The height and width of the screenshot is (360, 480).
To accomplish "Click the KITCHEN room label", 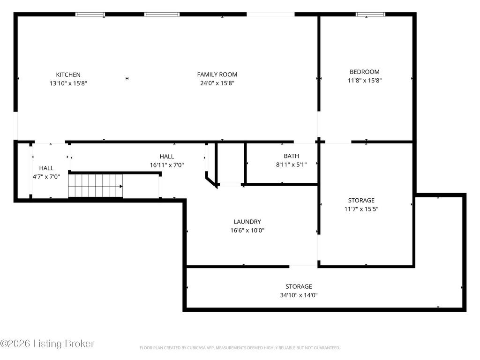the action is pyautogui.click(x=68, y=75).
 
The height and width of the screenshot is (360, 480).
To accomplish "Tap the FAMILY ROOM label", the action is pyautogui.click(x=217, y=75).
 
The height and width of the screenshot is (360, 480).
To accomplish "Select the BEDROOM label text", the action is pyautogui.click(x=365, y=72).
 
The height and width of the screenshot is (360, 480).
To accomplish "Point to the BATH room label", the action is pyautogui.click(x=292, y=156).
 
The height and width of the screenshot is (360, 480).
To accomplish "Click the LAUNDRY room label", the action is pyautogui.click(x=247, y=222).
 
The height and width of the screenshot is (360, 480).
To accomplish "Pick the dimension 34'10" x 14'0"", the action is pyautogui.click(x=299, y=295).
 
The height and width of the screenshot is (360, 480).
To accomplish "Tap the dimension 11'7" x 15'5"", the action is pyautogui.click(x=361, y=209).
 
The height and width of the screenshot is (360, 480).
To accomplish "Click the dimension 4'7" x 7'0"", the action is pyautogui.click(x=46, y=177).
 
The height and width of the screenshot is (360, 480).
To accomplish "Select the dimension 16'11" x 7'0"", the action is pyautogui.click(x=167, y=165).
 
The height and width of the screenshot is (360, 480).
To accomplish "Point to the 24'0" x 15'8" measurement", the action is pyautogui.click(x=217, y=83).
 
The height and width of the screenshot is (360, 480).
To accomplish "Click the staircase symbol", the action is pyautogui.click(x=96, y=186).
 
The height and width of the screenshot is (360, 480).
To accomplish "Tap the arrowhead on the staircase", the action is pyautogui.click(x=121, y=186).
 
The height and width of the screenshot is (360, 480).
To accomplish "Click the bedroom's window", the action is pyautogui.click(x=370, y=14).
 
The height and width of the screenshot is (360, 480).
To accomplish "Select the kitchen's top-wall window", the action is pyautogui.click(x=90, y=14).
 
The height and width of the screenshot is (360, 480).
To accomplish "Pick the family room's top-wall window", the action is pyautogui.click(x=162, y=14).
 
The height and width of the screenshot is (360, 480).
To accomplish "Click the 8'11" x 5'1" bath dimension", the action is pyautogui.click(x=292, y=165).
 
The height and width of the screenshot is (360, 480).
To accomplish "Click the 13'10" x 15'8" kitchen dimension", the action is pyautogui.click(x=68, y=83).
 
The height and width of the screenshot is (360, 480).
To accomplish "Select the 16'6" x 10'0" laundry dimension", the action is pyautogui.click(x=247, y=230).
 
